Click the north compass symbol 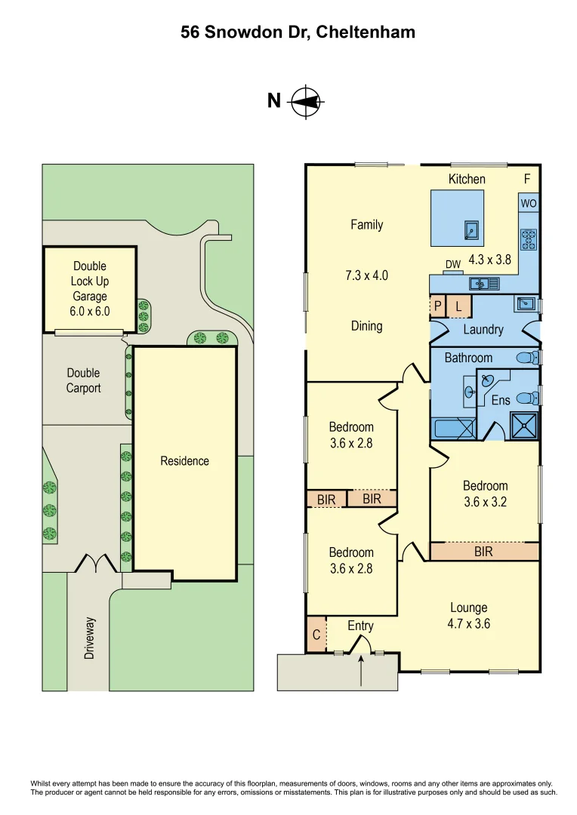tap(307, 101)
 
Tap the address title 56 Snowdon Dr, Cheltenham tap(298, 32)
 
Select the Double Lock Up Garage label tap(90, 288)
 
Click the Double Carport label tap(83, 380)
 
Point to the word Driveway tap(90, 638)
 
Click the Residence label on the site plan tap(184, 461)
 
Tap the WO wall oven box tap(528, 204)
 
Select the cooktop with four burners tap(528, 239)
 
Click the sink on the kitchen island tap(471, 230)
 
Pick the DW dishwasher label tap(453, 264)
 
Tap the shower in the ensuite tap(525, 425)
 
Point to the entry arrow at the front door tap(361, 669)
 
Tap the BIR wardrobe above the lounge tap(484, 552)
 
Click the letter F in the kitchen tap(527, 179)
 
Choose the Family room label tap(366, 224)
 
